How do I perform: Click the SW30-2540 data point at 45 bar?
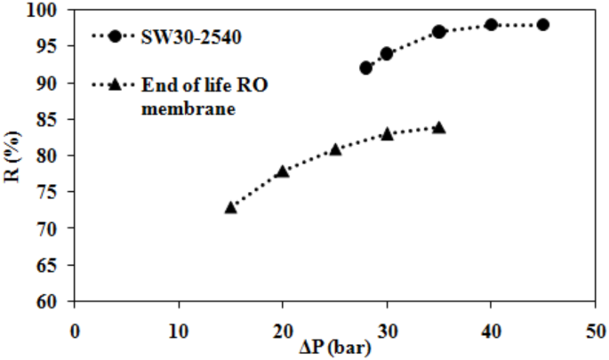point(542,25)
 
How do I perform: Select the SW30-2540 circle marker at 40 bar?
point(491,25)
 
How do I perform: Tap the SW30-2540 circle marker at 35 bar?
point(438,32)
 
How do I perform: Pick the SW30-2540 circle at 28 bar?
point(366,68)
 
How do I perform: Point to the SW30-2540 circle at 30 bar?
point(387,53)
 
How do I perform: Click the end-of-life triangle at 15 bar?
point(230,207)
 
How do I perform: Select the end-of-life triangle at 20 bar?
point(283,171)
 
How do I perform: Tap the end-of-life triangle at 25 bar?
point(335,149)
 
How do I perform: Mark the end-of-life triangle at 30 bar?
point(387,133)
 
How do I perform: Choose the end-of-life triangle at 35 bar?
point(438,128)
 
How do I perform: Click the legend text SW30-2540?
point(182,36)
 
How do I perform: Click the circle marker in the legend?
point(116,36)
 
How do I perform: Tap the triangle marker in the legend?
point(116,84)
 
